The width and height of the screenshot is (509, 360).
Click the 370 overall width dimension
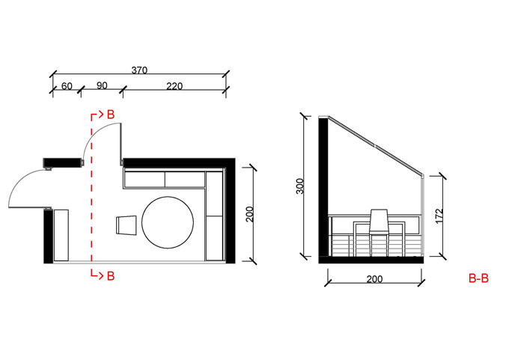pyautogui.click(x=139, y=70)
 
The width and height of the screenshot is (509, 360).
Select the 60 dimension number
pyautogui.click(x=67, y=86)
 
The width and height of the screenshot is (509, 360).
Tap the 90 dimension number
pyautogui.click(x=102, y=85)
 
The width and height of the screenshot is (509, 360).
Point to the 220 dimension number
pyautogui.click(x=174, y=86)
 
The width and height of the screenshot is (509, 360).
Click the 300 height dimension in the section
pyautogui.click(x=300, y=186)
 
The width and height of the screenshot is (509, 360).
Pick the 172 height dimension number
pyautogui.click(x=439, y=216)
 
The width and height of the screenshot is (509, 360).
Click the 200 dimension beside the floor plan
pyautogui.click(x=249, y=214)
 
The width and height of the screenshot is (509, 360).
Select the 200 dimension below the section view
pyautogui.click(x=374, y=279)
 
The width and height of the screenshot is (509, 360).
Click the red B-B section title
pyautogui.click(x=478, y=278)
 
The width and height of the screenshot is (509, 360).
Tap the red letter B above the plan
pyautogui.click(x=111, y=115)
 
